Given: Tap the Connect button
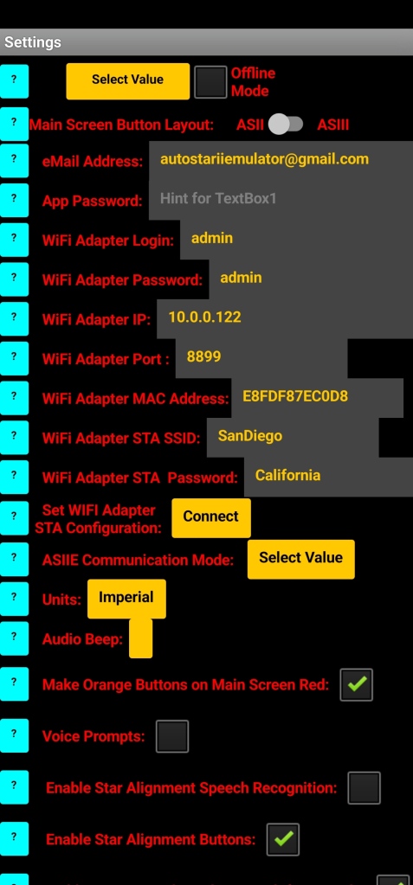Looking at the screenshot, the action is pyautogui.click(x=210, y=517).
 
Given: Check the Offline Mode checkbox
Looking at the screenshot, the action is pyautogui.click(x=210, y=82).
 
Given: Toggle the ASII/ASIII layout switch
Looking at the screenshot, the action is pyautogui.click(x=286, y=125).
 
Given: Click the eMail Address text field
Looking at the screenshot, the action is pyautogui.click(x=281, y=160).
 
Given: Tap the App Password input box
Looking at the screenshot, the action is pyautogui.click(x=281, y=200).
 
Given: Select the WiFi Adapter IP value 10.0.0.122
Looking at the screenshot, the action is pyautogui.click(x=204, y=317).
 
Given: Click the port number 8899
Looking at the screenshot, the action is pyautogui.click(x=204, y=356).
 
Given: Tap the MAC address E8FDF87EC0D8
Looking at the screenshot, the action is pyautogui.click(x=295, y=396).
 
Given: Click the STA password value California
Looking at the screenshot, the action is pyautogui.click(x=287, y=475).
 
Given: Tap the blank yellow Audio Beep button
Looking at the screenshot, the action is pyautogui.click(x=140, y=638).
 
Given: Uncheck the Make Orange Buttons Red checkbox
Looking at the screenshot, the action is pyautogui.click(x=357, y=684).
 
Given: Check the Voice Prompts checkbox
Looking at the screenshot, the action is pyautogui.click(x=172, y=736).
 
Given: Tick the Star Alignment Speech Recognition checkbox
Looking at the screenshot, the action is pyautogui.click(x=364, y=788).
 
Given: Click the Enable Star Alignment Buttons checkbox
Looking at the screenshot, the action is pyautogui.click(x=283, y=839).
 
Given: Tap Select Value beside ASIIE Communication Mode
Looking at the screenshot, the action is pyautogui.click(x=301, y=559).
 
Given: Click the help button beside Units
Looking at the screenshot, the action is pyautogui.click(x=14, y=599).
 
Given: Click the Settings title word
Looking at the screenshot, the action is pyautogui.click(x=33, y=42).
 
